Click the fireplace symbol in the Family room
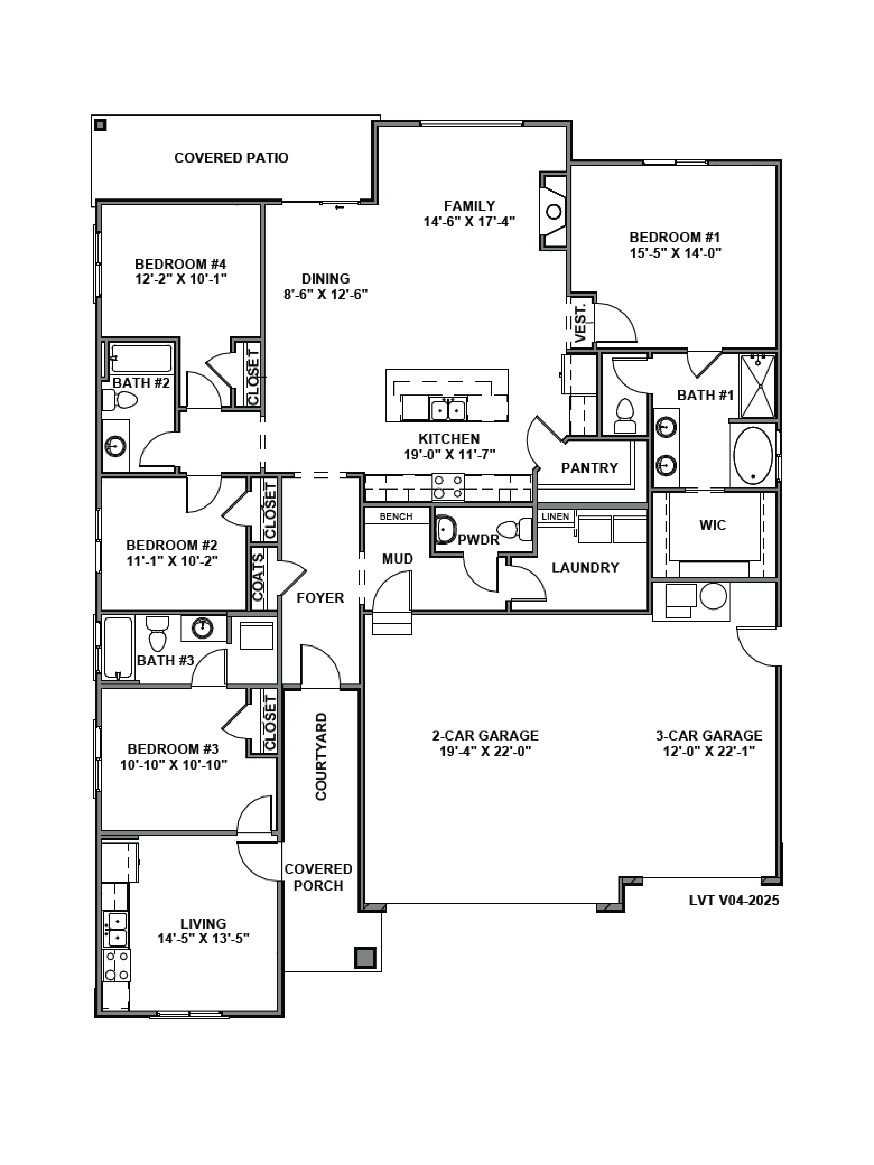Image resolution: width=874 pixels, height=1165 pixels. click(x=553, y=211)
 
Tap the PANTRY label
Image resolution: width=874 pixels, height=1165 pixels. click(x=589, y=468)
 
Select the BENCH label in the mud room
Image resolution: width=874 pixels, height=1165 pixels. click(x=396, y=517)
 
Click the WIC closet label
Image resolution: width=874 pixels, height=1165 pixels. click(x=712, y=525)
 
